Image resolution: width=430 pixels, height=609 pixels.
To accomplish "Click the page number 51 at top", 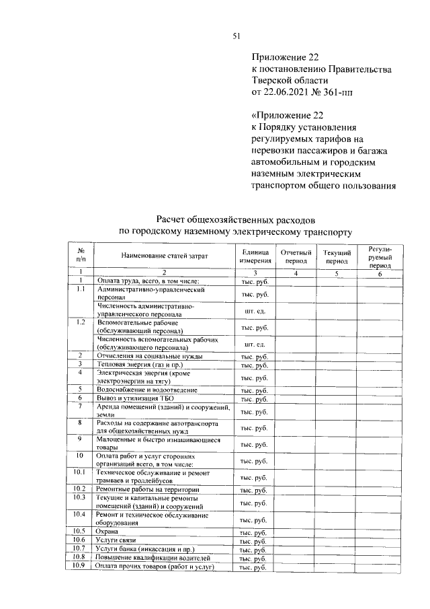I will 236,36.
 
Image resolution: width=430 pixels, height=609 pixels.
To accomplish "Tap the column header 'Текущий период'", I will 336,256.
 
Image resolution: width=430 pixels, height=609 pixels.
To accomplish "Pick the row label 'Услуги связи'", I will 116,540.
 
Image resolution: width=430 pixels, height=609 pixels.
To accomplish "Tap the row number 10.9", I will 80,567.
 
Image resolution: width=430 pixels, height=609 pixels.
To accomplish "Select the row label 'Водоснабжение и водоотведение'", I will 146,389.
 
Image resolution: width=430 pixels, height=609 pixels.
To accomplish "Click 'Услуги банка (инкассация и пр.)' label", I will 146,549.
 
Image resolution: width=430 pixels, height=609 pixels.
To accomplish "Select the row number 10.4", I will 80,515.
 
